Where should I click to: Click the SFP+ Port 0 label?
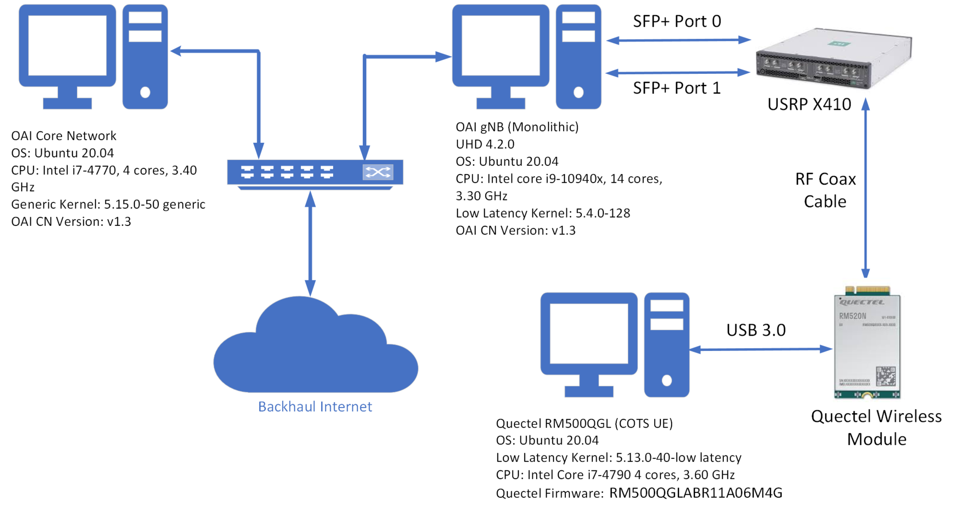coord(676,22)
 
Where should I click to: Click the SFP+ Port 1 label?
coord(676,88)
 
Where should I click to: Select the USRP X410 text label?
coord(809,105)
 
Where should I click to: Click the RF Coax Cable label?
coord(825,190)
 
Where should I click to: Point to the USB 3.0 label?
coord(756,330)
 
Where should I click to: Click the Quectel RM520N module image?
coord(867,343)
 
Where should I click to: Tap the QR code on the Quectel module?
coord(886,376)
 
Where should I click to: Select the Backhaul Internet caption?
coord(315,407)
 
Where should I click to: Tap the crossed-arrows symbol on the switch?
coord(378,172)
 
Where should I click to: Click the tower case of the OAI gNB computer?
coord(578,57)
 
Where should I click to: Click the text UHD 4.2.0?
coord(485,144)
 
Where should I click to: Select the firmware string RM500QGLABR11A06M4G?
coord(696,493)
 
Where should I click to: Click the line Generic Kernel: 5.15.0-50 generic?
coord(108,205)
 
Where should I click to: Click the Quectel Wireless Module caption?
coord(876,428)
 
